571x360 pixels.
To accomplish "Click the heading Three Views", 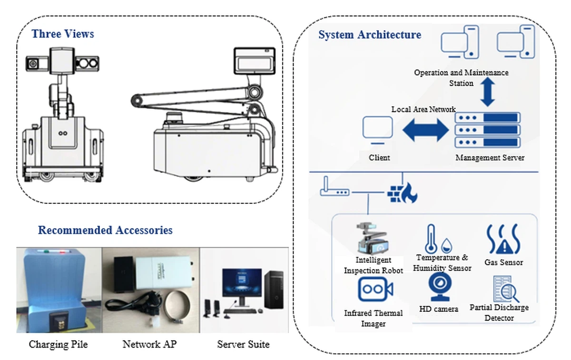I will [x=63, y=34].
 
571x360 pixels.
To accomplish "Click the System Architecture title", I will [x=370, y=35].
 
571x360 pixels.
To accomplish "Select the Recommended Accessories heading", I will [x=105, y=230].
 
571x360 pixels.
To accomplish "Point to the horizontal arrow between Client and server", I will [x=426, y=130].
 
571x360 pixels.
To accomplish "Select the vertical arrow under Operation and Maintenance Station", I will [x=487, y=93].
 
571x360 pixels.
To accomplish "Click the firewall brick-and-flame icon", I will [x=402, y=191].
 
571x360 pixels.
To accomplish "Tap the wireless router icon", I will [x=335, y=189].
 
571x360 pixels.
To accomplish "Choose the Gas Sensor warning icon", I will [x=503, y=240].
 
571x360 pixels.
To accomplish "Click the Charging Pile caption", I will [x=58, y=344].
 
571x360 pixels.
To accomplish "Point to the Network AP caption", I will [x=149, y=344].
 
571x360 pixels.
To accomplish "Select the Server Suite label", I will [x=243, y=344].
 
